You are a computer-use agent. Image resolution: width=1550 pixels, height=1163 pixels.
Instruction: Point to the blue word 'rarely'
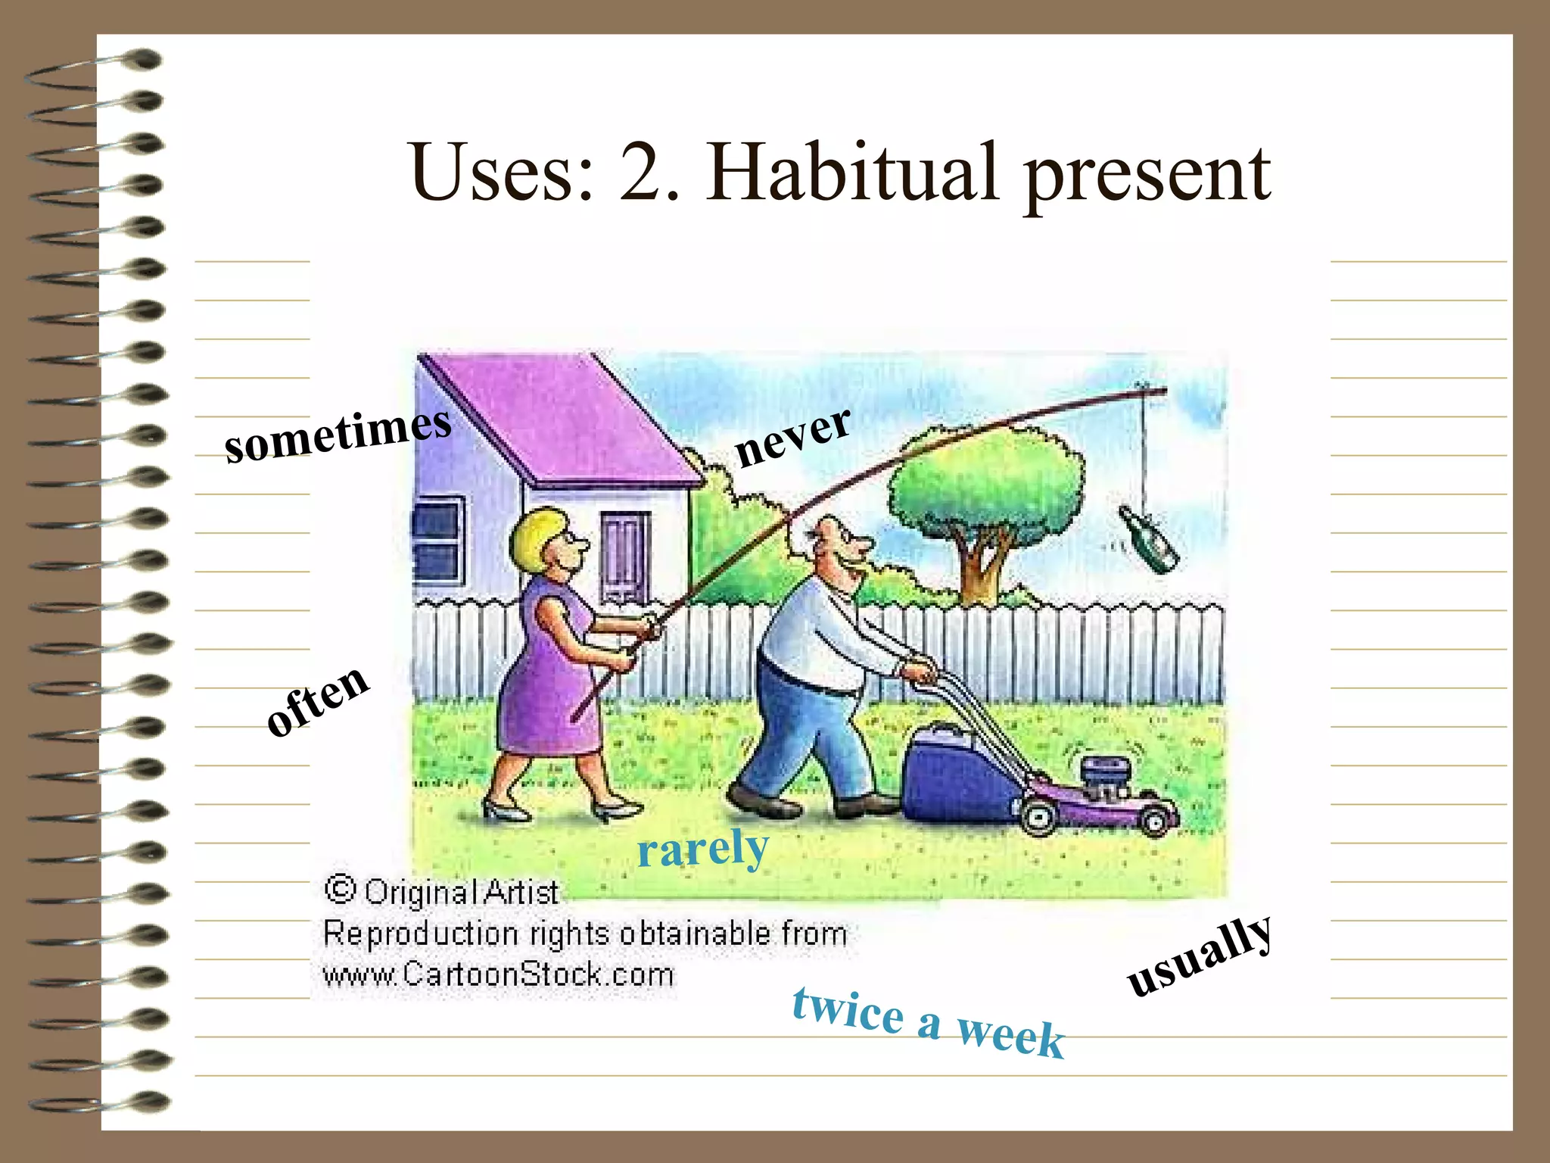tap(702, 849)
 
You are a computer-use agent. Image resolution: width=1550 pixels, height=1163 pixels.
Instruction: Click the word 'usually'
tap(1199, 956)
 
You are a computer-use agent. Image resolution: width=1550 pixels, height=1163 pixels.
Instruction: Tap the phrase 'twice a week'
tap(929, 1021)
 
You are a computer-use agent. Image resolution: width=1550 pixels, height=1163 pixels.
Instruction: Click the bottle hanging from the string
tap(1148, 539)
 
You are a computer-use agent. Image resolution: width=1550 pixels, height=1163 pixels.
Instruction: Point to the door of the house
tap(624, 557)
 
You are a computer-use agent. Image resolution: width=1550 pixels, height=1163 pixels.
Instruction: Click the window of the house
tap(437, 541)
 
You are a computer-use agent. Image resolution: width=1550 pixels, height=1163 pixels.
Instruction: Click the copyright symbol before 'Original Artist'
tap(340, 890)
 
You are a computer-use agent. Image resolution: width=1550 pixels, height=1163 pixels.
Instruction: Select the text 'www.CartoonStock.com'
tap(498, 974)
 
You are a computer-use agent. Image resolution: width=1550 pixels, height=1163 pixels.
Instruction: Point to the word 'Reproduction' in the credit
tap(419, 934)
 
